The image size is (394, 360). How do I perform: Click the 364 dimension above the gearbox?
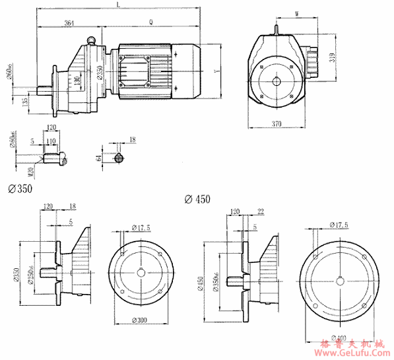coord(69,23)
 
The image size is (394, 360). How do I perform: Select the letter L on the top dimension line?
coord(117,5)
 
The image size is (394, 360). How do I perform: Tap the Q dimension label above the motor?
coord(152,23)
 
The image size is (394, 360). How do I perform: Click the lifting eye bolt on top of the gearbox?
coord(94,40)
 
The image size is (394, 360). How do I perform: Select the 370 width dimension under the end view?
coord(278,124)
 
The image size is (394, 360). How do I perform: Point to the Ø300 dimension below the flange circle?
coord(139,320)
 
